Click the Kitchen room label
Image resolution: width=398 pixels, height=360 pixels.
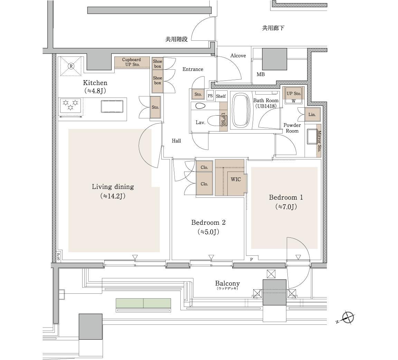click(x=95, y=83)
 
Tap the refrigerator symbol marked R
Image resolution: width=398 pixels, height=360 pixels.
click(x=71, y=66)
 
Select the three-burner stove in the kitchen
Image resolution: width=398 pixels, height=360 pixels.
click(x=70, y=106)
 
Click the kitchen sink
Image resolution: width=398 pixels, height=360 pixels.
click(x=112, y=106)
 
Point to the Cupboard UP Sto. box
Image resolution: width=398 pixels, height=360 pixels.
click(x=132, y=62)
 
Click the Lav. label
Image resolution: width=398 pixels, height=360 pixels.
click(x=200, y=123)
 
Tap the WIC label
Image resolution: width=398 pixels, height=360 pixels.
click(x=236, y=179)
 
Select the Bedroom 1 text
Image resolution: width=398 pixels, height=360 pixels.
click(x=286, y=197)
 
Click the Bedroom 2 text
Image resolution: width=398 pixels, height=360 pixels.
click(x=208, y=223)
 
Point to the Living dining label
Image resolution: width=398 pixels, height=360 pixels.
click(x=113, y=187)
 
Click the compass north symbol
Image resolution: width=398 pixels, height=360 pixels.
click(x=348, y=318)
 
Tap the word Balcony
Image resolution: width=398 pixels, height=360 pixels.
click(x=227, y=283)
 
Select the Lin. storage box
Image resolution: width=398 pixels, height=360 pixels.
click(x=312, y=114)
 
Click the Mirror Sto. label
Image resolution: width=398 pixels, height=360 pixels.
click(x=319, y=141)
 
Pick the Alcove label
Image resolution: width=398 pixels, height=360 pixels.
click(x=238, y=56)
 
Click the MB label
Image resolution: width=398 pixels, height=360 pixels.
click(x=261, y=74)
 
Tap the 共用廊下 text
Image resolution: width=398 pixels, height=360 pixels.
click(x=273, y=28)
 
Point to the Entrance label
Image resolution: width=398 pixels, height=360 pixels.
click(x=193, y=69)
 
